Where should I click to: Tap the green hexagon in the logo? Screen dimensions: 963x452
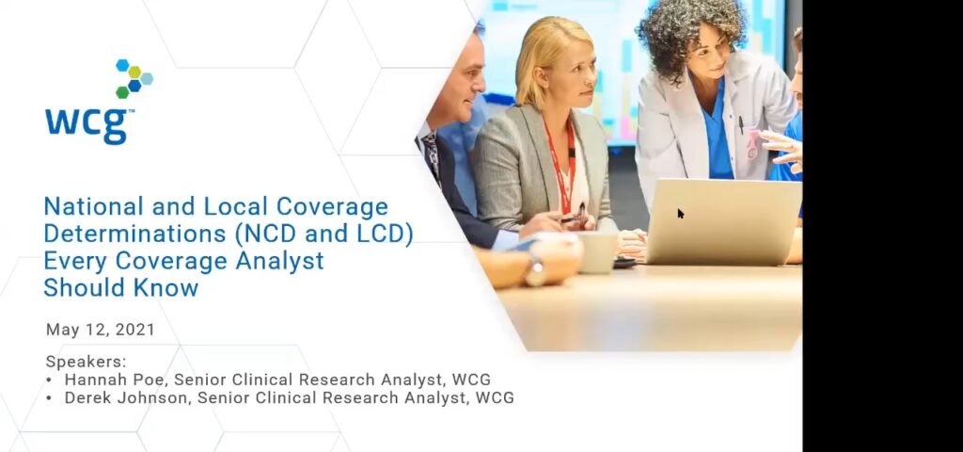pos(122,92)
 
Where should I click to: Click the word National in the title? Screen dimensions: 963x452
pos(94,206)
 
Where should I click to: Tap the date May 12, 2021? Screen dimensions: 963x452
pos(101,330)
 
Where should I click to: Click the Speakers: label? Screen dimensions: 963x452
pos(86,362)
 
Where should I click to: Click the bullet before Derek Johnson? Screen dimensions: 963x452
pos(49,398)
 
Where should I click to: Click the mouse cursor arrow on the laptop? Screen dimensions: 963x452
pos(681,214)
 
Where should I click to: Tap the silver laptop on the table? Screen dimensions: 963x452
pos(723,221)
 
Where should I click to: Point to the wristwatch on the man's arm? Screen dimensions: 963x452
pos(535,269)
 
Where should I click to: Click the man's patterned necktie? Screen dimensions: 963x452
pos(431,153)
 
